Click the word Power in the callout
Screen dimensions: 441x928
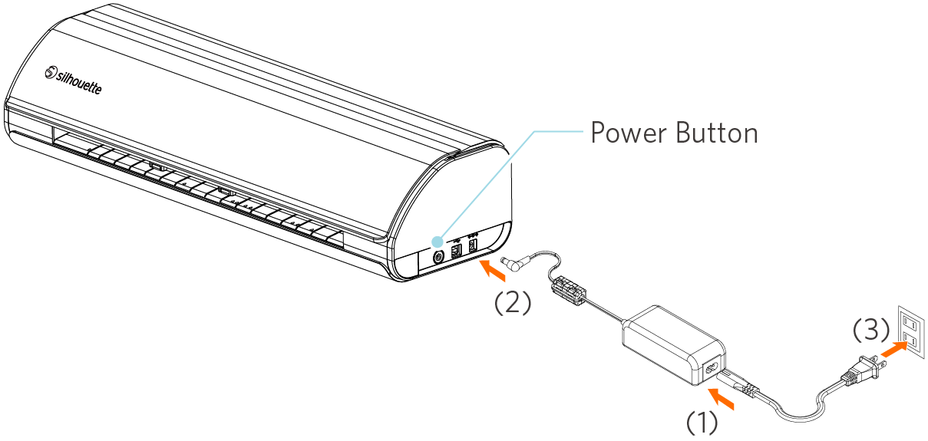tap(626, 133)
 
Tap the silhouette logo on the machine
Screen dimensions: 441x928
tap(73, 80)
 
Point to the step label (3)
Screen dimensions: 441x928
tap(871, 331)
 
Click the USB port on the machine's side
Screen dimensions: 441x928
tap(456, 248)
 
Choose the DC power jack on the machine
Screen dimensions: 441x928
tap(472, 245)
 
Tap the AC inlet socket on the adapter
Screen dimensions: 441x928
tap(710, 370)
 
